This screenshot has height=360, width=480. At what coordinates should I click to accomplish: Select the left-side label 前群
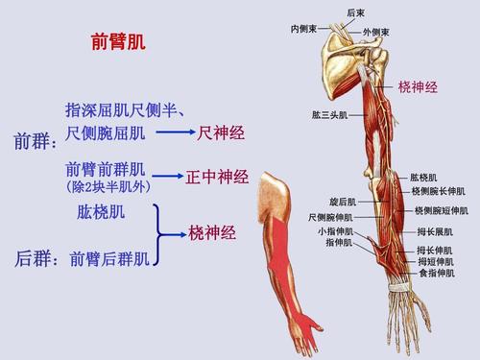(x=34, y=143)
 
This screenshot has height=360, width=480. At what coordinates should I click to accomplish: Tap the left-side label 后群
(x=34, y=259)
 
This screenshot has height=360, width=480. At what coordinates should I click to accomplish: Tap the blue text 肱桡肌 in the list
(x=100, y=210)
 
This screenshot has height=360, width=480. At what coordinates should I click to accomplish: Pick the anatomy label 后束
(x=355, y=12)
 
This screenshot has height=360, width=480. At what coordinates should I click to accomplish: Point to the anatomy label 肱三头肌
(x=329, y=115)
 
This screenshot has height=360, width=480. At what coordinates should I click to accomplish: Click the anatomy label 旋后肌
(x=342, y=203)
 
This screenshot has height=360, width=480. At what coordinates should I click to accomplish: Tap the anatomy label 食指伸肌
(x=433, y=274)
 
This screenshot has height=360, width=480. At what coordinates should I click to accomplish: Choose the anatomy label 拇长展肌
(x=435, y=231)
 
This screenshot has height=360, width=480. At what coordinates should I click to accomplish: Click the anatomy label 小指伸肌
(x=336, y=231)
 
